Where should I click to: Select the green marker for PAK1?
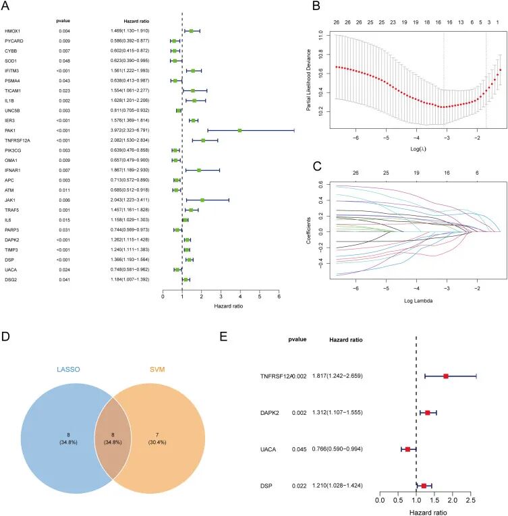[240, 130]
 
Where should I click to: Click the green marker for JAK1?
[202, 200]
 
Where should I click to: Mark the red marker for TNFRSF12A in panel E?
[446, 376]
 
